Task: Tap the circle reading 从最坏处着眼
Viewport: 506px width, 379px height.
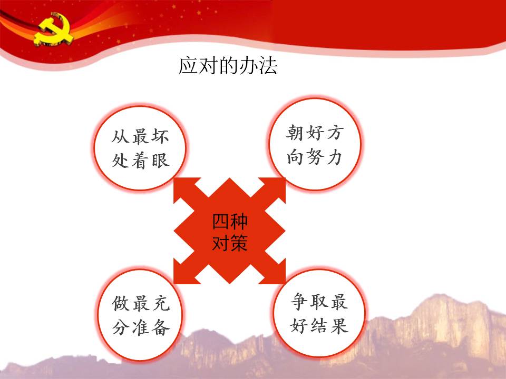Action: (140, 148)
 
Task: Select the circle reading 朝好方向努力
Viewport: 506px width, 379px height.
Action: (315, 144)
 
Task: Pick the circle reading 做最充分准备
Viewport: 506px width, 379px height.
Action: (140, 315)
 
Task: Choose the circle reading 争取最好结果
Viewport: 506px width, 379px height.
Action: (319, 313)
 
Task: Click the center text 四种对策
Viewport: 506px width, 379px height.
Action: (230, 232)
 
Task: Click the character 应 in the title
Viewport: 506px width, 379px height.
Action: (188, 66)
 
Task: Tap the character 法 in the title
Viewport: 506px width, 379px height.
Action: (268, 66)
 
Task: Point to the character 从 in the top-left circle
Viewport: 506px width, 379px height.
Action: (120, 136)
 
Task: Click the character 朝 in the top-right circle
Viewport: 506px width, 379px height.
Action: (294, 133)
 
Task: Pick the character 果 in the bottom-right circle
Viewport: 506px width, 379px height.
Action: (339, 325)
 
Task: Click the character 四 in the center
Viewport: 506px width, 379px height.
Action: (221, 222)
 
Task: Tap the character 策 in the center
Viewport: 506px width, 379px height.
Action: (239, 242)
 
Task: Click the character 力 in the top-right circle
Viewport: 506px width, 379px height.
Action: (334, 157)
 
